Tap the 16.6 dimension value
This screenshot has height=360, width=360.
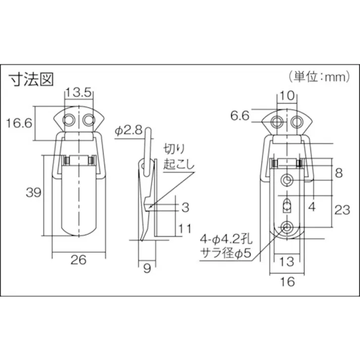click(19, 123)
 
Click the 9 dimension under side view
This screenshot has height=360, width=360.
click(147, 268)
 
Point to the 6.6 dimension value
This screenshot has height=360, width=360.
click(240, 115)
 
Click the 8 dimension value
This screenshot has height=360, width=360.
click(339, 173)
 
